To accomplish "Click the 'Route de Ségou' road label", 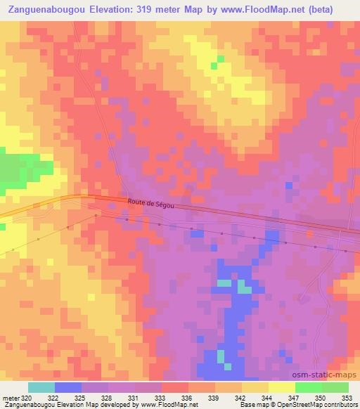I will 150,204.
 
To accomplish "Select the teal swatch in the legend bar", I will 41,388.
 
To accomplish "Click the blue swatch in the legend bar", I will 67,388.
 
